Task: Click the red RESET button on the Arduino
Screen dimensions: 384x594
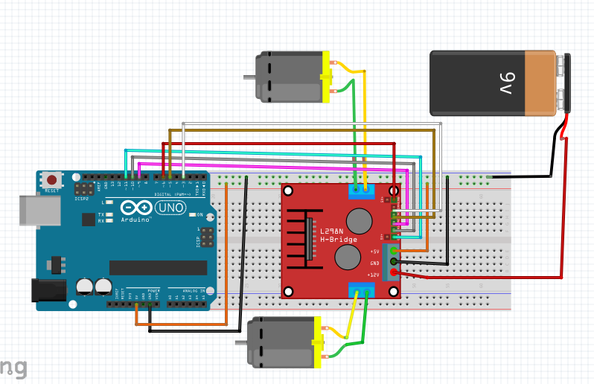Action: [51, 180]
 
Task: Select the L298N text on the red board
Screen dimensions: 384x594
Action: [333, 231]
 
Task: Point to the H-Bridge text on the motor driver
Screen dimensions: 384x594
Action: [339, 240]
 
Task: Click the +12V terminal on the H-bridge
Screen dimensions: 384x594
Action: [394, 274]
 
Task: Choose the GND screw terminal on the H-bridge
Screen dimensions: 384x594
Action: [394, 262]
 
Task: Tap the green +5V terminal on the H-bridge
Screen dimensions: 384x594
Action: [394, 251]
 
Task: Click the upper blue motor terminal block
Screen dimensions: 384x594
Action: [360, 191]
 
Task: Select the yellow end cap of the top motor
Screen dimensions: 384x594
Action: [325, 77]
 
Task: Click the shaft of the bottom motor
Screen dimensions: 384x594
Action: [241, 343]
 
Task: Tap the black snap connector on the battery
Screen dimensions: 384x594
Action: [566, 83]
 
